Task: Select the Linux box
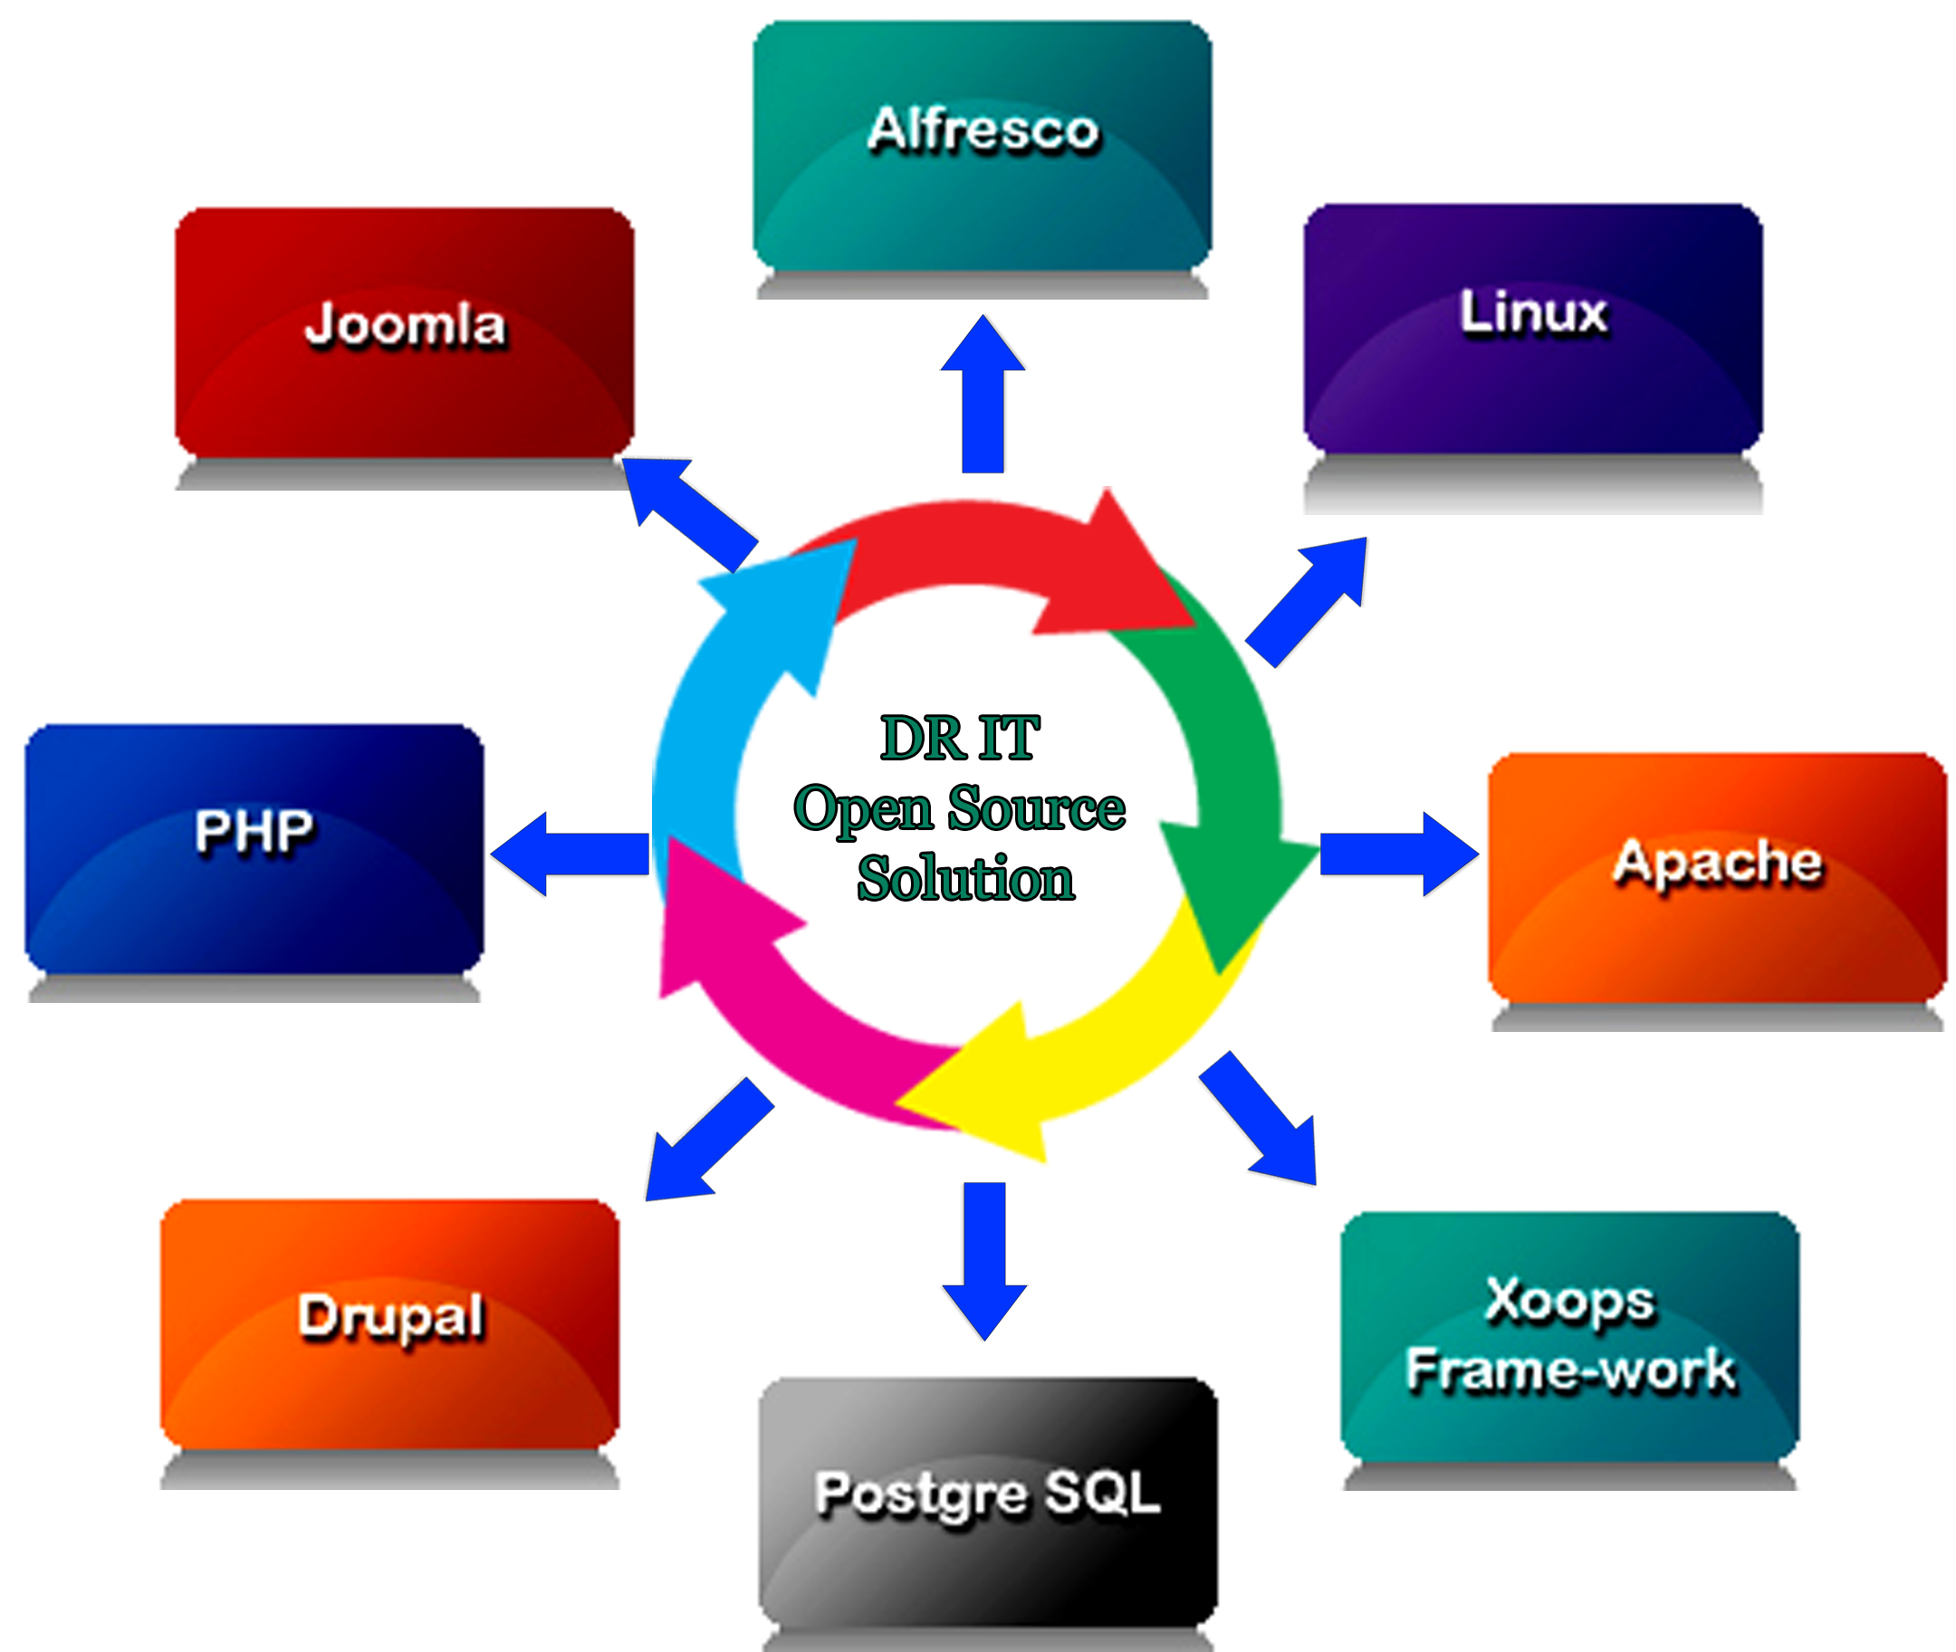point(1532,328)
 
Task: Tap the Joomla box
point(404,332)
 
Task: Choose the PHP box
point(254,847)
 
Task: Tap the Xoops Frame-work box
point(1569,1335)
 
